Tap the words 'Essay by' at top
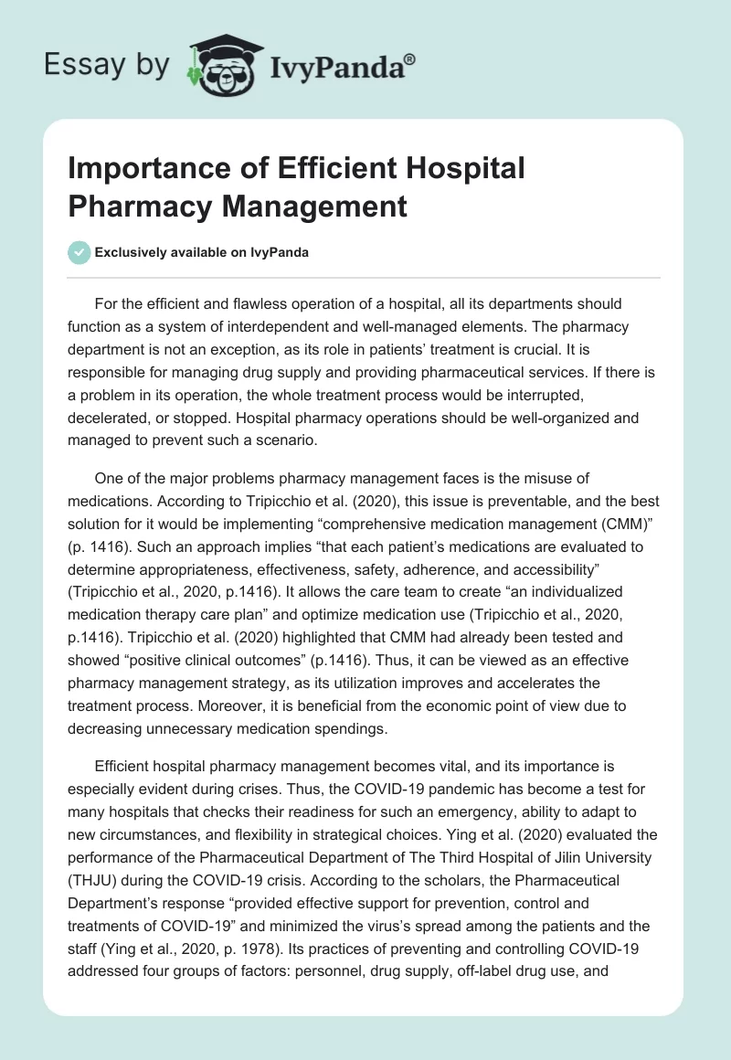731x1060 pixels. [x=108, y=65]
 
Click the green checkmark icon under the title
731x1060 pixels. [x=79, y=253]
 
